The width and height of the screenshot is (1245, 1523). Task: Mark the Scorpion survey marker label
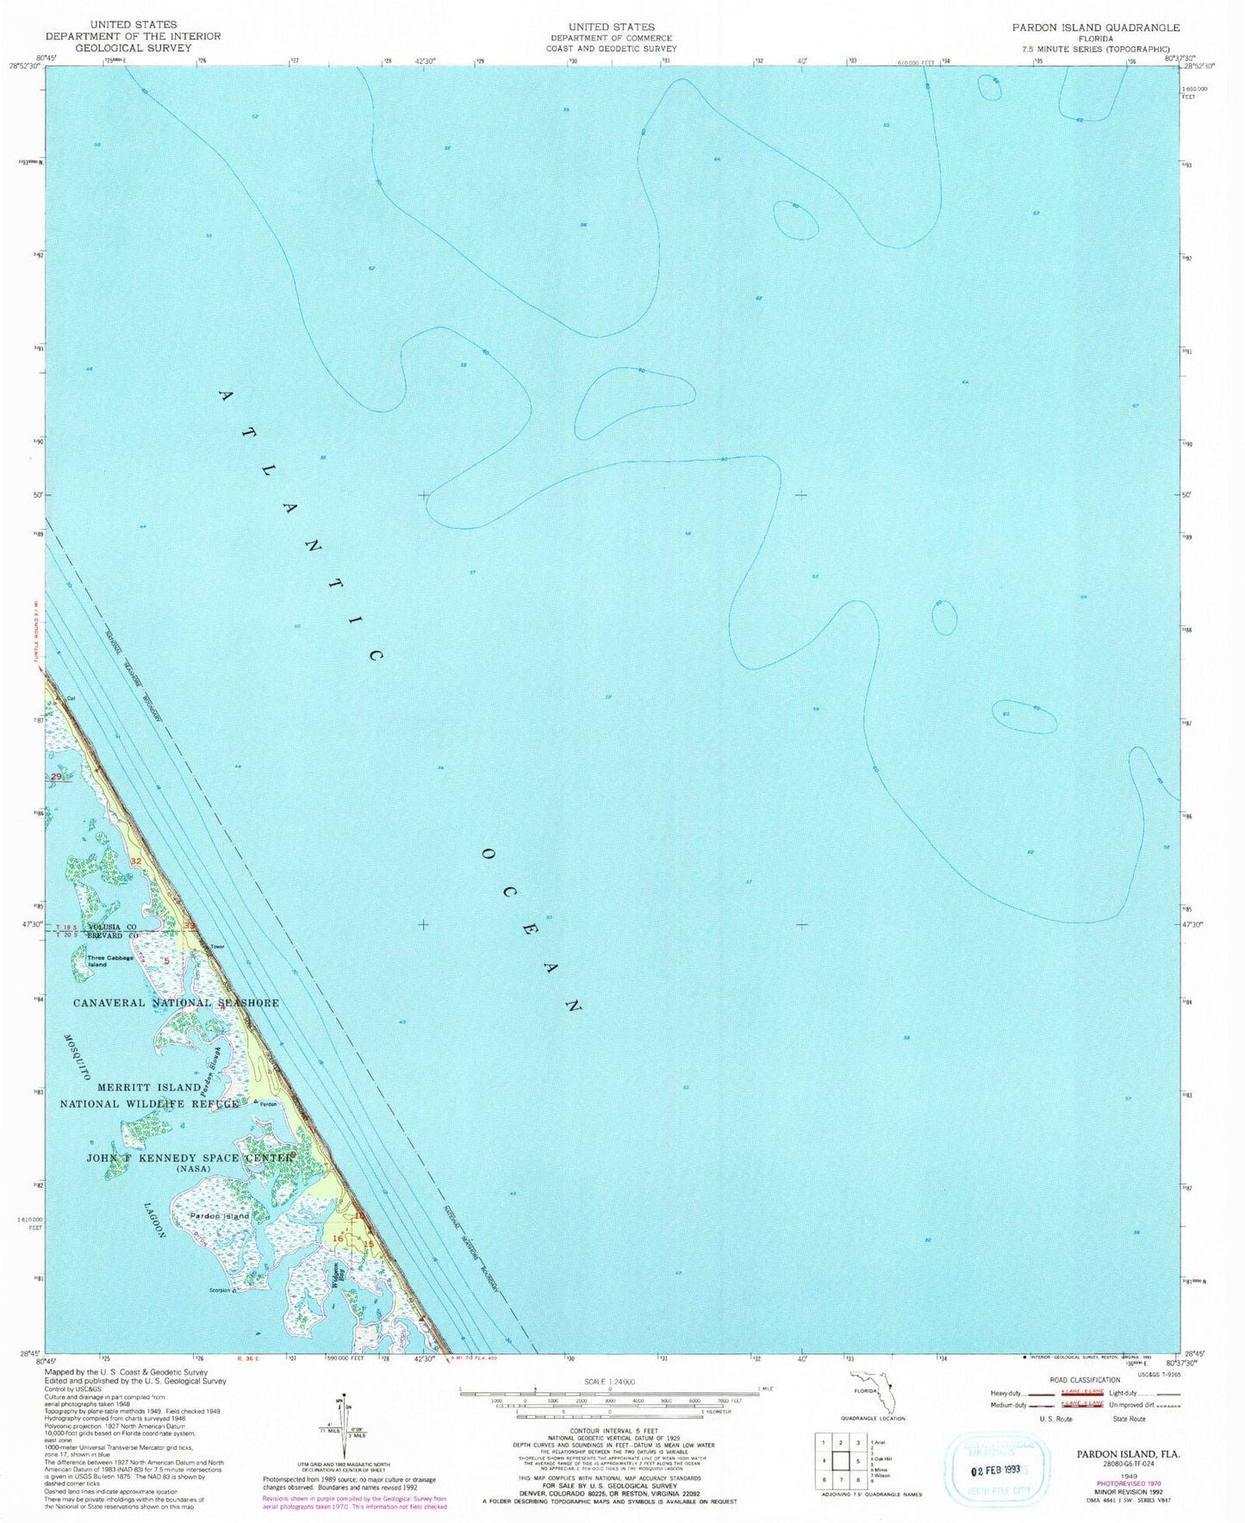220,1290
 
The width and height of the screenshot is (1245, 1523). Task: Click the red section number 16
338,1238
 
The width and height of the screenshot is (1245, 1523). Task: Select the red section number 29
57,778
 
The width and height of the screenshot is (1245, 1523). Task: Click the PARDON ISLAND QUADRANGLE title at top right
1096,28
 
